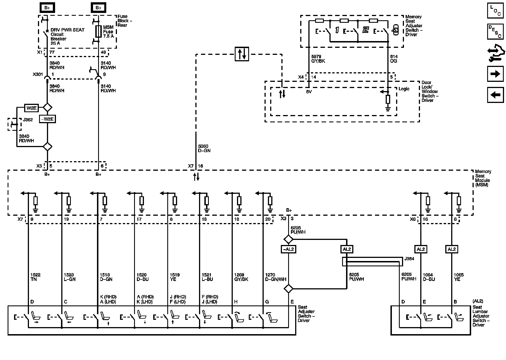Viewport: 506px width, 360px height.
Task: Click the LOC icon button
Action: tap(495, 10)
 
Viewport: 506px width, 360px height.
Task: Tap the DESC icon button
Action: tap(495, 31)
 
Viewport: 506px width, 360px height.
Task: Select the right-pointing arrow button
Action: tap(495, 74)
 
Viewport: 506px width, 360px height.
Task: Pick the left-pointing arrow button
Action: tap(495, 95)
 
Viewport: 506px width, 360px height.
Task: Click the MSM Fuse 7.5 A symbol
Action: tap(98, 31)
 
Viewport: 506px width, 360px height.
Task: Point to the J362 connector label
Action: tap(28, 120)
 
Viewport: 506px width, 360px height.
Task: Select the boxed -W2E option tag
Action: tap(47, 119)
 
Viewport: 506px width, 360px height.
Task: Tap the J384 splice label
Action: tap(409, 259)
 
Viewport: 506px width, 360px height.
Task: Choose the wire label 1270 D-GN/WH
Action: tap(275, 277)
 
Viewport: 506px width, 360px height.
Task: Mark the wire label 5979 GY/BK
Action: tap(318, 59)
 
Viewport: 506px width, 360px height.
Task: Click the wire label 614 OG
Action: tap(394, 59)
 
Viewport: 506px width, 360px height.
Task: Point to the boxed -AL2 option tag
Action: tap(288, 249)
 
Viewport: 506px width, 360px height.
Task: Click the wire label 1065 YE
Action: tap(458, 277)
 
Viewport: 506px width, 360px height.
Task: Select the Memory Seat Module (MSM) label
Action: tap(483, 178)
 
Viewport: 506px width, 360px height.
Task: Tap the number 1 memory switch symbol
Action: tap(337, 30)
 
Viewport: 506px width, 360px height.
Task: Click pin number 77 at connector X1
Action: tap(52, 52)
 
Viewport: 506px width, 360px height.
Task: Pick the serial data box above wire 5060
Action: tap(242, 54)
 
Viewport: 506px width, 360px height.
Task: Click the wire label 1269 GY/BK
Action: tap(241, 277)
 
